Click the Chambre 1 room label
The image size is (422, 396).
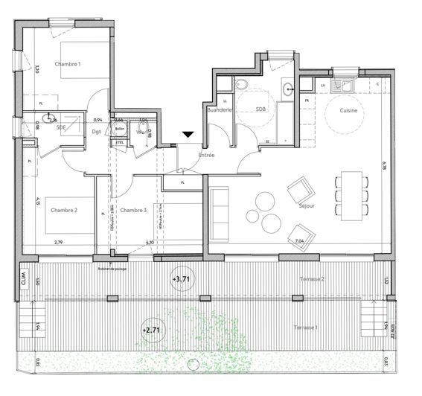[x=68, y=65]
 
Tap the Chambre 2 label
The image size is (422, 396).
[x=65, y=211]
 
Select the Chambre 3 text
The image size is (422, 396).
[x=133, y=211]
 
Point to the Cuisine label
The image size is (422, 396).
[x=348, y=110]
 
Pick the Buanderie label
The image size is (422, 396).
[x=219, y=110]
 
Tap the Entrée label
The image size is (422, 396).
[x=206, y=156]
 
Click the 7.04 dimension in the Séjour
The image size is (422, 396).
[x=301, y=241]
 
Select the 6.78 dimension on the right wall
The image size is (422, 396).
[x=384, y=170]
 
